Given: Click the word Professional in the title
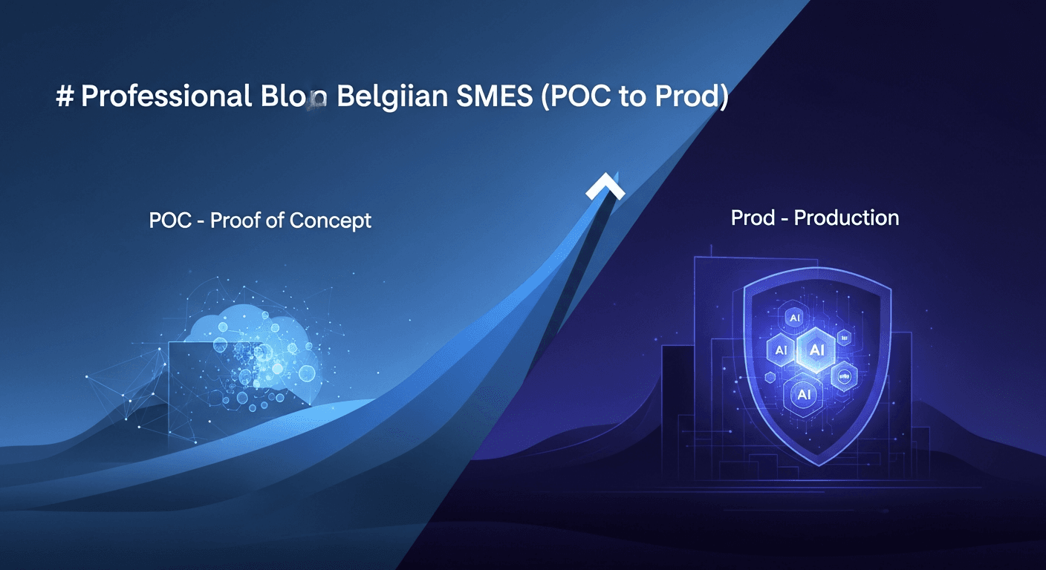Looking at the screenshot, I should click(166, 98).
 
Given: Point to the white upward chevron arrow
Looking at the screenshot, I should click(605, 187).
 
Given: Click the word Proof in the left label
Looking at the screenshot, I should click(238, 220).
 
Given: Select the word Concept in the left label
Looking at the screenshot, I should click(331, 220).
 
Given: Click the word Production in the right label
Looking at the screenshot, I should click(846, 217).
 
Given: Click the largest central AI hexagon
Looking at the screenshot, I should click(816, 349).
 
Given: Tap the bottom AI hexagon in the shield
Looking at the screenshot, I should click(803, 394).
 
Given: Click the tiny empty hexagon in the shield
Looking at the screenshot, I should click(843, 338).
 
